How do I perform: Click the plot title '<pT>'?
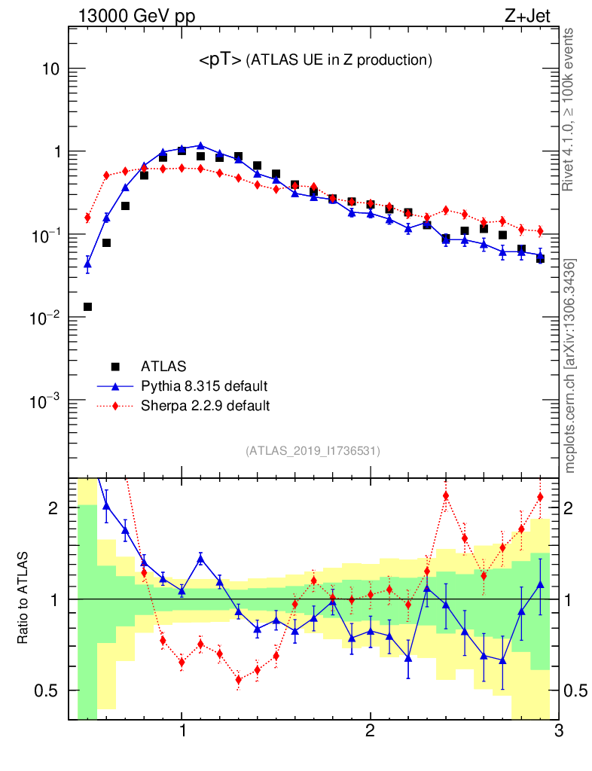tap(220, 61)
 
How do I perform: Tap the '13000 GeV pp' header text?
tap(136, 17)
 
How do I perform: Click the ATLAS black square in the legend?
tap(115, 367)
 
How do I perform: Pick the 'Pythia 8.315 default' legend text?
tap(204, 386)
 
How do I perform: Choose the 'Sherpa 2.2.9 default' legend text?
tap(206, 406)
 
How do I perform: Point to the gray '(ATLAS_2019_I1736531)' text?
tap(313, 451)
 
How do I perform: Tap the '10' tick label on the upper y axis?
tap(50, 69)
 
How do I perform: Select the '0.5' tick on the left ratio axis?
tap(47, 690)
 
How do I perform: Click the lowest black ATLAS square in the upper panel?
tap(87, 306)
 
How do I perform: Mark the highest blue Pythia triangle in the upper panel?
tap(200, 145)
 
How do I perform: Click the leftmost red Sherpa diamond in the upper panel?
tap(87, 218)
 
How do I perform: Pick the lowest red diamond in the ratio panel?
tap(239, 679)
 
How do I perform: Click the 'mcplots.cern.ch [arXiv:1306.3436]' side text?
tap(570, 366)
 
